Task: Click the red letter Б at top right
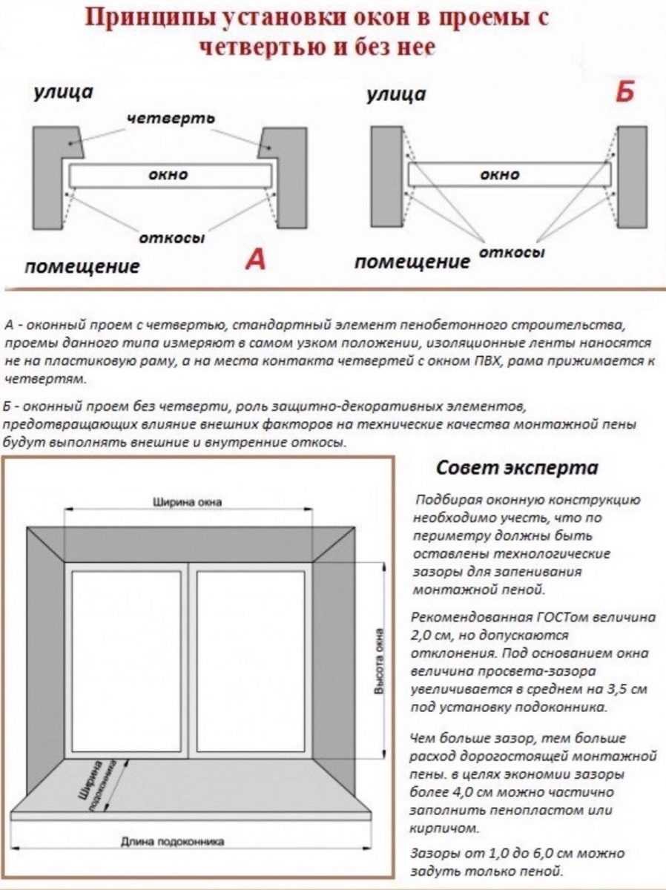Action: [625, 94]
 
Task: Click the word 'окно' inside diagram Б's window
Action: [499, 175]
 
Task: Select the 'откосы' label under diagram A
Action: [171, 238]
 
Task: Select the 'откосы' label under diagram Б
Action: [512, 253]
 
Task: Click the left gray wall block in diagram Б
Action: [386, 177]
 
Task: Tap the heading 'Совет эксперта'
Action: [516, 469]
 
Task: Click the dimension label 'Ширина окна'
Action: [187, 502]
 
